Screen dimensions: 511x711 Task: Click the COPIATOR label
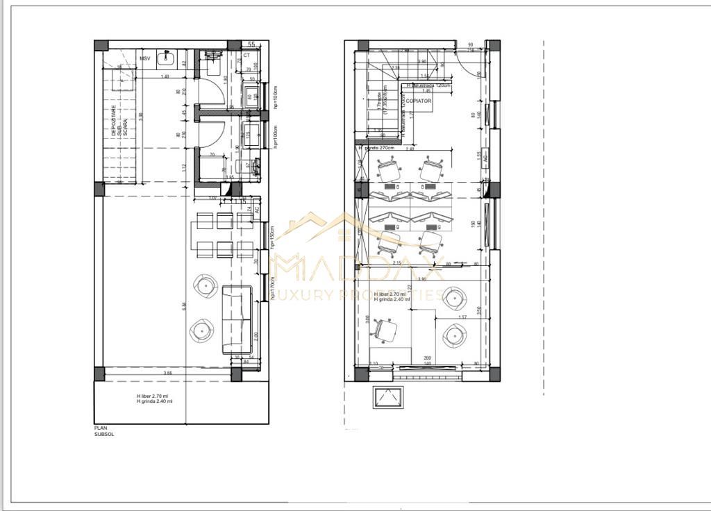pyautogui.click(x=419, y=101)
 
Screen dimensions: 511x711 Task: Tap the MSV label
pyautogui.click(x=145, y=58)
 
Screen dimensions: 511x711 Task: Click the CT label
pyautogui.click(x=246, y=55)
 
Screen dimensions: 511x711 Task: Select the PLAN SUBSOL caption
pyautogui.click(x=104, y=431)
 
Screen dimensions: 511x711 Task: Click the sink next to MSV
pyautogui.click(x=165, y=58)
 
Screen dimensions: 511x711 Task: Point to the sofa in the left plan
pyautogui.click(x=236, y=319)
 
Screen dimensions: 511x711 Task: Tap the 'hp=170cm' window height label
pyautogui.click(x=274, y=285)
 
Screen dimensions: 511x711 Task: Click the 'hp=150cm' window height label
pyautogui.click(x=274, y=237)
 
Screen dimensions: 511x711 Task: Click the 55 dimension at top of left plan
pyautogui.click(x=251, y=44)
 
